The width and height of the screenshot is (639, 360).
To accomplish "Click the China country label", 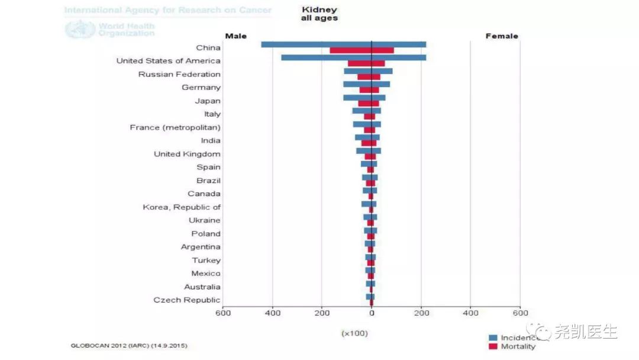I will (x=208, y=48).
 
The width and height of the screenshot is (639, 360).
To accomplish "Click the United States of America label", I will (x=168, y=61).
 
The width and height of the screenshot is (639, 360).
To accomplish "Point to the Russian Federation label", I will (x=179, y=75).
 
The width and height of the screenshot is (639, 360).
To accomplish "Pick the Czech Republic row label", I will (x=186, y=300).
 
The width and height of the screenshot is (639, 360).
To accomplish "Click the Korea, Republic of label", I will (x=182, y=207).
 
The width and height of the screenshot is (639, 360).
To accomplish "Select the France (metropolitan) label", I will (x=175, y=127).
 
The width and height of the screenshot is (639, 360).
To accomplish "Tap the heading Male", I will (x=236, y=36).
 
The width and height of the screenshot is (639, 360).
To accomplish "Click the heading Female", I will (x=502, y=36).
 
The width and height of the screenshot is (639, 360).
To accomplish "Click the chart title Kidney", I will (x=319, y=10).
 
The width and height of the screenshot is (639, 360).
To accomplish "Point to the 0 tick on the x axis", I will (x=371, y=313).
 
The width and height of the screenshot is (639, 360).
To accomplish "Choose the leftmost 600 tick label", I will (x=222, y=313).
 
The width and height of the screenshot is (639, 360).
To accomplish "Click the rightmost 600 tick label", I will (x=519, y=313).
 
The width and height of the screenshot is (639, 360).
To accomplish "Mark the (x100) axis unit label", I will (x=354, y=333).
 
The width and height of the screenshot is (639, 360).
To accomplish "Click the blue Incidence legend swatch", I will (x=493, y=337).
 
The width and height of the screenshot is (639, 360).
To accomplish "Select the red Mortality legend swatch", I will (x=493, y=346).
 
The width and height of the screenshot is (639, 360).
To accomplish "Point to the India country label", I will (x=211, y=141).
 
